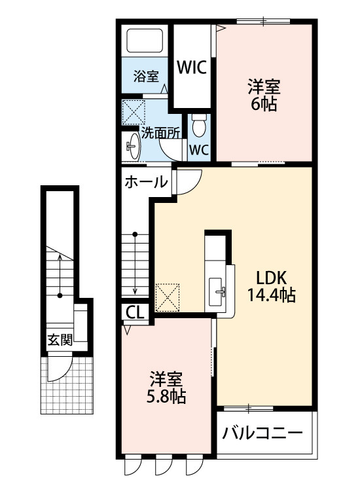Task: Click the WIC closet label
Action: coord(192,66)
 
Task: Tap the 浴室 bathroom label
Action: coord(145,76)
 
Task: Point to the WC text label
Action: coord(198,149)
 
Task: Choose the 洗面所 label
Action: coord(161,132)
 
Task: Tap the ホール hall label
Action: coord(145,182)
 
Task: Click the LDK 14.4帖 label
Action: coord(271,285)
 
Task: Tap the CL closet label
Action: coord(135,312)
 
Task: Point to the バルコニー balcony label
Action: coord(262,433)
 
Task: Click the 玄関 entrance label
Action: coord(59,340)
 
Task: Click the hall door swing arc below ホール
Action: coord(188,182)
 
